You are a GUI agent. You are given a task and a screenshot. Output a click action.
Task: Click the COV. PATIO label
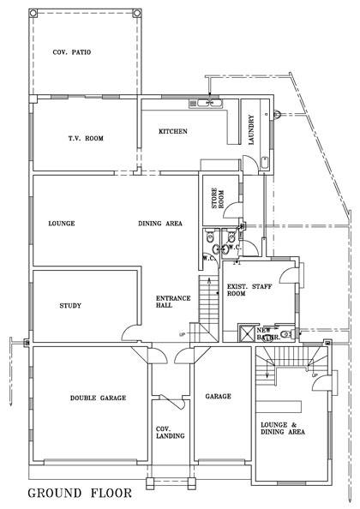click(x=73, y=52)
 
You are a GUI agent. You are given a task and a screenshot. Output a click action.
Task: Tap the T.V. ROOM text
click(x=86, y=137)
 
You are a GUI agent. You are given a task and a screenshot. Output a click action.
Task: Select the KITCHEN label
click(x=173, y=131)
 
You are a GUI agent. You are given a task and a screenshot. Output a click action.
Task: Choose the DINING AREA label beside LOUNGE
click(x=160, y=224)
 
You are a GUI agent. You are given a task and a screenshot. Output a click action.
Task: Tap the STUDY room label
click(x=70, y=306)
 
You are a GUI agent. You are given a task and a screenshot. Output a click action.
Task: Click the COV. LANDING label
click(x=165, y=433)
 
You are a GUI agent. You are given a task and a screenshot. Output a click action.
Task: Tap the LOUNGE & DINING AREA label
click(x=282, y=428)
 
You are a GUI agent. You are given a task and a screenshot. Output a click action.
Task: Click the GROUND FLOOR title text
click(x=80, y=493)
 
